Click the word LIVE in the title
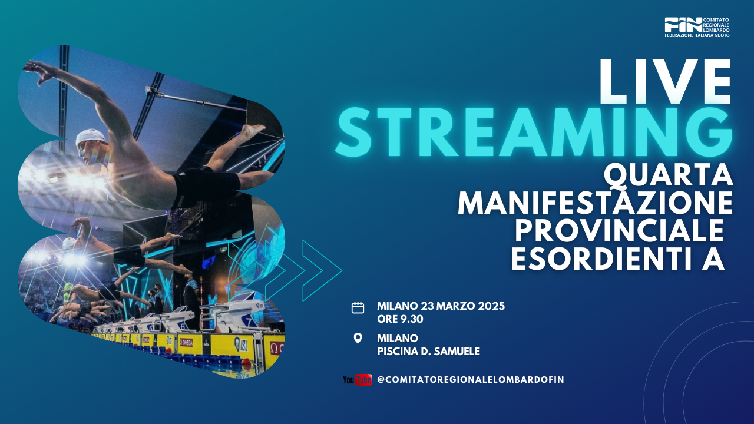[665, 82]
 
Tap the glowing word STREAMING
[534, 132]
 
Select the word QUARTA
[668, 176]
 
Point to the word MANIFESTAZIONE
[595, 203]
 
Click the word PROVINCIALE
[619, 231]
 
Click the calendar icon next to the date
[358, 308]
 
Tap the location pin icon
[358, 338]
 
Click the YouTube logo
[358, 380]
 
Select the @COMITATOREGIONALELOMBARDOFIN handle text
[470, 380]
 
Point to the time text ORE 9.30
[400, 319]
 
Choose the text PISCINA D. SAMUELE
[428, 352]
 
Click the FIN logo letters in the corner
[683, 25]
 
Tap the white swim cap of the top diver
[91, 137]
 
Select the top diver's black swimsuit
[206, 185]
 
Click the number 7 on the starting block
[249, 322]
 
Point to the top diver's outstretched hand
[39, 71]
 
